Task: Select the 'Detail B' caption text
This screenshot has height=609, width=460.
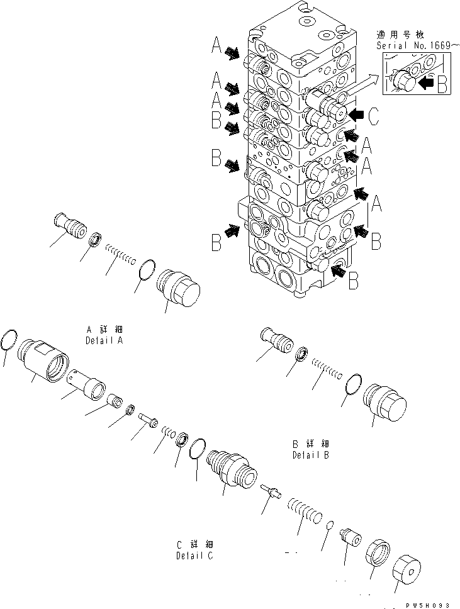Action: pos(310,455)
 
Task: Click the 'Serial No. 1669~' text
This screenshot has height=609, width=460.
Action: pos(412,46)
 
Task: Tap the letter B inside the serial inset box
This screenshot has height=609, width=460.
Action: pos(442,81)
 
